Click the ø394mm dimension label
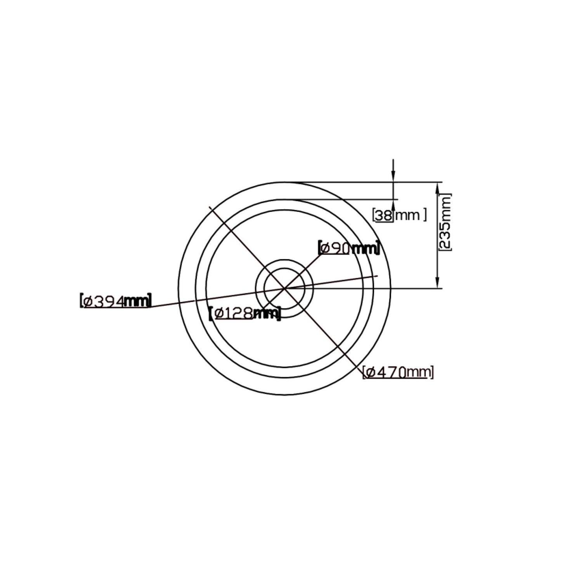[115, 301]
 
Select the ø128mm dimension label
[244, 313]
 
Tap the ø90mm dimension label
[348, 248]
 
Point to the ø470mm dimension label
[398, 372]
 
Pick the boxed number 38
[384, 215]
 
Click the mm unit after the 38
[407, 215]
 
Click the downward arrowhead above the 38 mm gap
[393, 178]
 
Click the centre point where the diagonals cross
[284, 288]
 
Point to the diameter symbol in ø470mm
[370, 372]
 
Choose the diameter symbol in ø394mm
[88, 301]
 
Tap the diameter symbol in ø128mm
[217, 314]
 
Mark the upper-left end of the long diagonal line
[210, 207]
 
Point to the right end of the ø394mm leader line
[377, 276]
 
